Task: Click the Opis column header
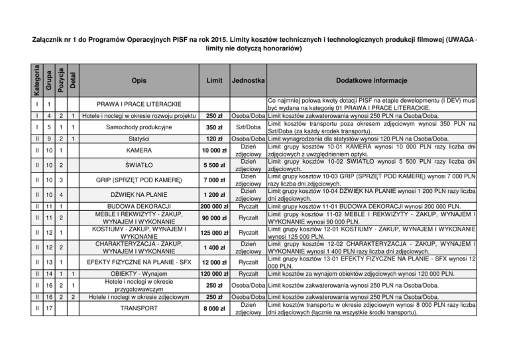139,80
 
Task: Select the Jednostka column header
249,80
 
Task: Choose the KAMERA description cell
139,151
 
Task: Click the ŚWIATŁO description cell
139,165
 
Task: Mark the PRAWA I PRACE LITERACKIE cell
139,105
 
